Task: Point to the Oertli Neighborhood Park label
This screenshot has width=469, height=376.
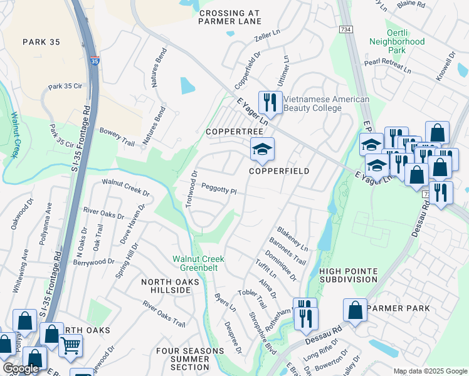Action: coord(406,43)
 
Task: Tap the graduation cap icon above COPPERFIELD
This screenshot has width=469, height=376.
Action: coord(262,149)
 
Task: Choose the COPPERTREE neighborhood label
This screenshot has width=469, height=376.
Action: coord(234,132)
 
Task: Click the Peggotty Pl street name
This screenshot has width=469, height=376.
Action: coord(219,188)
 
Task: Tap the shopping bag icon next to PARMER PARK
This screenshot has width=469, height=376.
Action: coord(355,310)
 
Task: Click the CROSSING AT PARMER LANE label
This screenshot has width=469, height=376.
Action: coord(229,17)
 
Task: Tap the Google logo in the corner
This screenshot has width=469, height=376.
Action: coord(21,368)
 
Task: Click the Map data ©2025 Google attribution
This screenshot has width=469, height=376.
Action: coord(429,371)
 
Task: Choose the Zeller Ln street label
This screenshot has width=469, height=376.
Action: coord(266,38)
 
